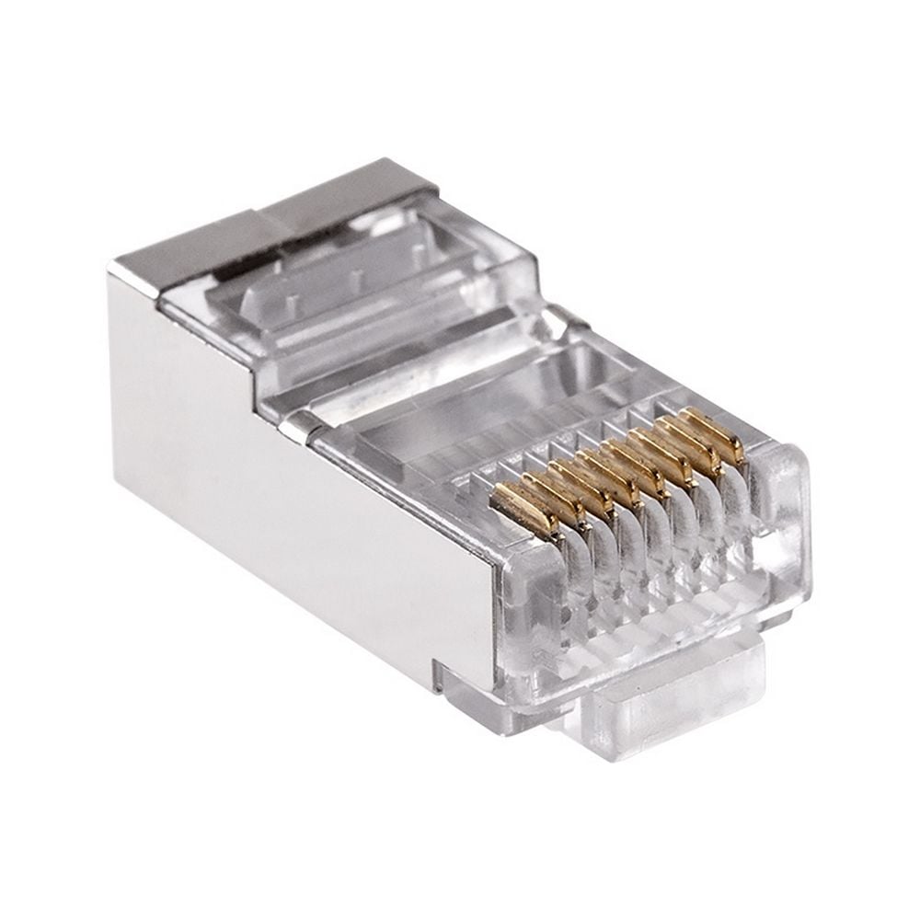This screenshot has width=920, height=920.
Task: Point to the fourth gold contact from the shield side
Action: pyautogui.click(x=607, y=471)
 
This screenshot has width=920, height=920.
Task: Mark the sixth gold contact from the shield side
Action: pyautogui.click(x=664, y=451)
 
